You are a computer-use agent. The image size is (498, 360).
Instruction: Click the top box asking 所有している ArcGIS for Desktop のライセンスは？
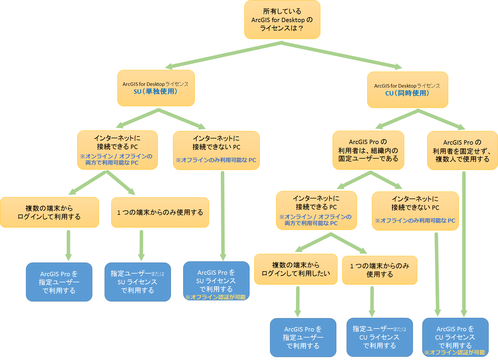282,19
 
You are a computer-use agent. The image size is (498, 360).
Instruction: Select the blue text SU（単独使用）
155,91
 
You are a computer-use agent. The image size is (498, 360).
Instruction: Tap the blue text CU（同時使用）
407,93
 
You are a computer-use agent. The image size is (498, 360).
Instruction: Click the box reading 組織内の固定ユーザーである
368,150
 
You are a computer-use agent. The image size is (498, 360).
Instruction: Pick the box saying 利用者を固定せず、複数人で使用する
462,150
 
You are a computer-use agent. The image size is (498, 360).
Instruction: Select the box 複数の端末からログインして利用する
49,212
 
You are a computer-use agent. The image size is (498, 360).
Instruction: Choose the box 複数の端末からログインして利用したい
296,269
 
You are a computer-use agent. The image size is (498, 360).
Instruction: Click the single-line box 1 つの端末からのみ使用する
160,212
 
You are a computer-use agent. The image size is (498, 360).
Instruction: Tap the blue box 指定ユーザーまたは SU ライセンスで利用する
137,282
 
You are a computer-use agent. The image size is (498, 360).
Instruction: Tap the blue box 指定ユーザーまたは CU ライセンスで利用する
379,337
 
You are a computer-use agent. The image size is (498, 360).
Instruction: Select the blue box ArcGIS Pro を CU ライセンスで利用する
455,336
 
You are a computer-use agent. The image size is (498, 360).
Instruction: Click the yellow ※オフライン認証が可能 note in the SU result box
216,297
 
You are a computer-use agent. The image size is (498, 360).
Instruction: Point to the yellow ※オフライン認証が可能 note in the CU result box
455,352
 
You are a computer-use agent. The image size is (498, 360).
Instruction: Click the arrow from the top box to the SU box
224,55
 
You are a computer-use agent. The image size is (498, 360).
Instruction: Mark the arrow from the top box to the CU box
341,55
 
